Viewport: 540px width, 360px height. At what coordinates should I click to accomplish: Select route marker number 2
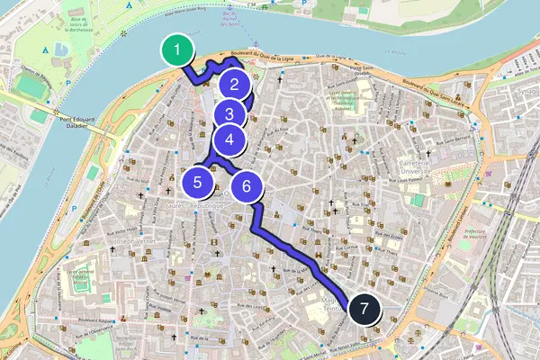coord(234,85)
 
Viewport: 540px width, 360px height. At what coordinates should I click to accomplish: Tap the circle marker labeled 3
coord(230,114)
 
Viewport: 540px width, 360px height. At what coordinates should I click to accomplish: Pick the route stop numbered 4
coord(230,139)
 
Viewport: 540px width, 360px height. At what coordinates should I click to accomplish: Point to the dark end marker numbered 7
coord(364,310)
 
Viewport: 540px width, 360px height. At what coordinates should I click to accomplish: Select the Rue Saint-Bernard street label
coord(450,139)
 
